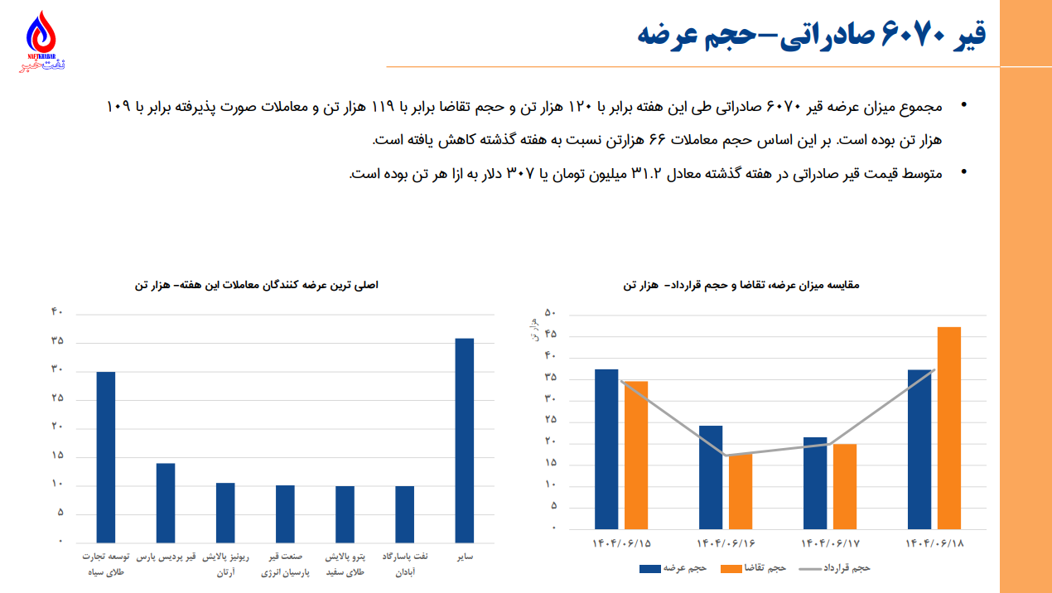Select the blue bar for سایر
pos(465,440)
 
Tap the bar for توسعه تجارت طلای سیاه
pos(106,456)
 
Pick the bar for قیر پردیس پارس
pos(166,502)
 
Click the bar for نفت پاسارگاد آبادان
pos(404,513)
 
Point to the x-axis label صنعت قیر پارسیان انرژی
pos(286,565)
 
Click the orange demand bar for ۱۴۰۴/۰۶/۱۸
pos(949,427)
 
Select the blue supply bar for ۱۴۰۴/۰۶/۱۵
pos(606,448)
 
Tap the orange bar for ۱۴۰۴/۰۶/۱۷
pos(845,486)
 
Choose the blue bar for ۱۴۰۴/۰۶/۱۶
pos(711,476)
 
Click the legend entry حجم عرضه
pos(673,569)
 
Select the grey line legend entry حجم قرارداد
pos(834,569)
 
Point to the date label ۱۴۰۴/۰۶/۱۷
pos(831,544)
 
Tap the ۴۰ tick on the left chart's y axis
pos(57,312)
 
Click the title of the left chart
pos(256,285)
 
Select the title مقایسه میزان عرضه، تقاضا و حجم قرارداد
pos(741,285)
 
